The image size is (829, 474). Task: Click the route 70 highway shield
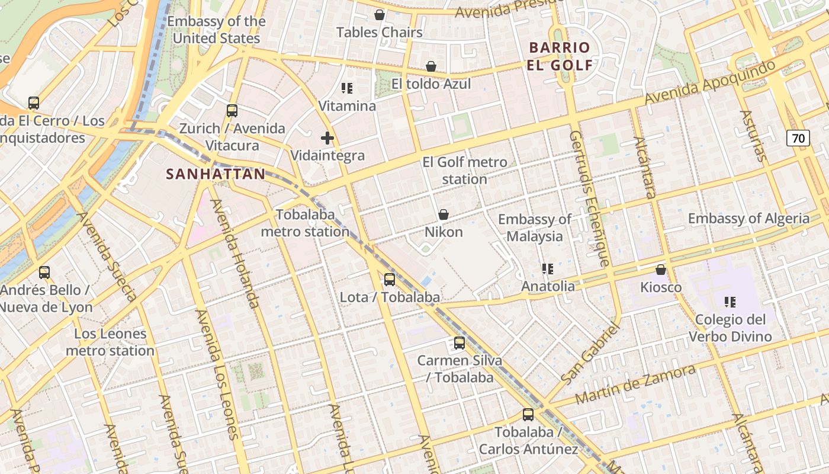tap(798, 139)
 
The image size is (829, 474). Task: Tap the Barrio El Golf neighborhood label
tap(560, 56)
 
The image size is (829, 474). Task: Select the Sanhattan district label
tap(216, 174)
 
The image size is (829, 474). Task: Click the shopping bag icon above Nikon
tap(443, 214)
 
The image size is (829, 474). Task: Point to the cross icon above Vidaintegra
tap(327, 139)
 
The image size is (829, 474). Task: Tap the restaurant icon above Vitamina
tap(347, 89)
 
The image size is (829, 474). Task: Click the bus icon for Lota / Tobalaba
tap(389, 280)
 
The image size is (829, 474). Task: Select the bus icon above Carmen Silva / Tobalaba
tap(459, 343)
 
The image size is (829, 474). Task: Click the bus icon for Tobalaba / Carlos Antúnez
tap(528, 415)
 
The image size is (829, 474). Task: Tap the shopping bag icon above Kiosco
tap(661, 270)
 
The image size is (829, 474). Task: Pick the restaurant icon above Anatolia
tap(548, 269)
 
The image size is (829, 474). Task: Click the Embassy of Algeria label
tap(748, 219)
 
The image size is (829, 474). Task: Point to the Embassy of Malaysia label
tap(535, 228)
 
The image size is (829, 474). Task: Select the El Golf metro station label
tap(464, 171)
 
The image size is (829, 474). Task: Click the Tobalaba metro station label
tap(305, 223)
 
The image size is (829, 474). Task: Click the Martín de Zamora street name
tap(635, 385)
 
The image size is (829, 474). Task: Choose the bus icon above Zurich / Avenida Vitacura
tap(232, 111)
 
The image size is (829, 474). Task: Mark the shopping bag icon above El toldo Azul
tap(431, 66)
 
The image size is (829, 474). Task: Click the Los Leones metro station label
tap(110, 342)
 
